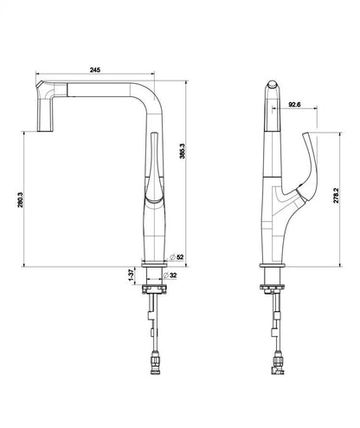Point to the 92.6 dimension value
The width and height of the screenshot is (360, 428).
click(296, 105)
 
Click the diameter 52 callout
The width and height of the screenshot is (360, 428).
click(178, 257)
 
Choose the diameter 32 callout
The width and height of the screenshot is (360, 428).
click(178, 277)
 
